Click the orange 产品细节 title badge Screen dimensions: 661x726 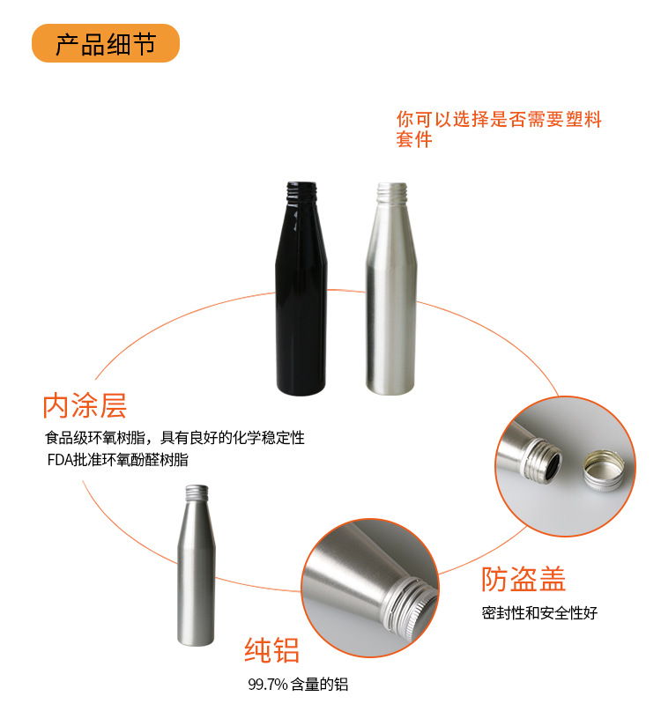click(106, 43)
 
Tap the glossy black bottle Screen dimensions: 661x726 click(301, 288)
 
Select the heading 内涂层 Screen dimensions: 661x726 click(85, 406)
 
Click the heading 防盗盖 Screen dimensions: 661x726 click(524, 579)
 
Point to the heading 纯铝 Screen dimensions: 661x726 click(272, 650)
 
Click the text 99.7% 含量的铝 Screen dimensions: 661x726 click(298, 684)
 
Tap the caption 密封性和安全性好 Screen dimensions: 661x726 click(539, 612)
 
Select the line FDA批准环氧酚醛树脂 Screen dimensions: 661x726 click(118, 459)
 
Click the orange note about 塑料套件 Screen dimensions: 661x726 click(499, 130)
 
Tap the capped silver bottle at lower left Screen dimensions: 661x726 click(197, 566)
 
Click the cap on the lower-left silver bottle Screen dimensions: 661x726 click(197, 493)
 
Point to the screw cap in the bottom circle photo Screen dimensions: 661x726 click(411, 607)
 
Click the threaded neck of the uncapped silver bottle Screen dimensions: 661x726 click(391, 193)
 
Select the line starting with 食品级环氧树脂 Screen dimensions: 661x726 click(175, 438)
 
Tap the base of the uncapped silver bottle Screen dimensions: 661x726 click(390, 388)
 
